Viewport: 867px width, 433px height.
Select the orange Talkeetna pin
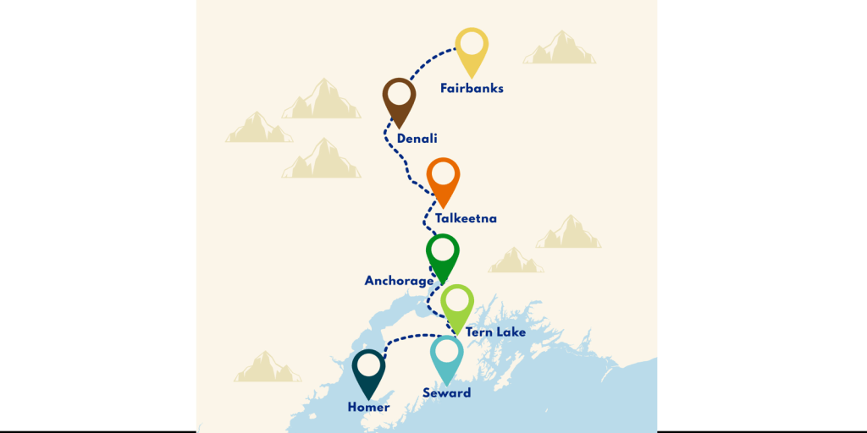point(443,178)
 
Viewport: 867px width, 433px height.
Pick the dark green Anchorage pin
point(442,254)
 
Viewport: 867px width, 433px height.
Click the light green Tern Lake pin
point(457,304)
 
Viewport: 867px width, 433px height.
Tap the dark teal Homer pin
point(368,370)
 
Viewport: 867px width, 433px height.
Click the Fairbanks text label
point(472,88)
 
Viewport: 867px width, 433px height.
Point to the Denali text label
point(417,139)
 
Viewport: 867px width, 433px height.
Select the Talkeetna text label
point(466,218)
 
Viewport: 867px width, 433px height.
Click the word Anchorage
point(399,281)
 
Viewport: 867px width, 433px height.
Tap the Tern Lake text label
point(495,332)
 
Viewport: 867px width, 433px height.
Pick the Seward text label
point(446,393)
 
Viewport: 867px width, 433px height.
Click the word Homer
point(368,408)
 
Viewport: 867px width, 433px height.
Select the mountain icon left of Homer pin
point(268,367)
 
